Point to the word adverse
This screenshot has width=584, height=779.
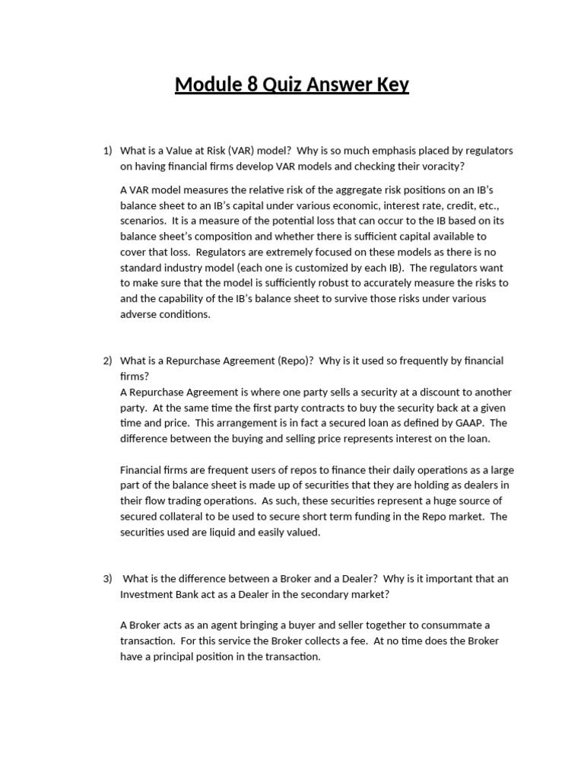[x=139, y=314]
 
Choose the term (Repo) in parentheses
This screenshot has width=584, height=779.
[x=297, y=361]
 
